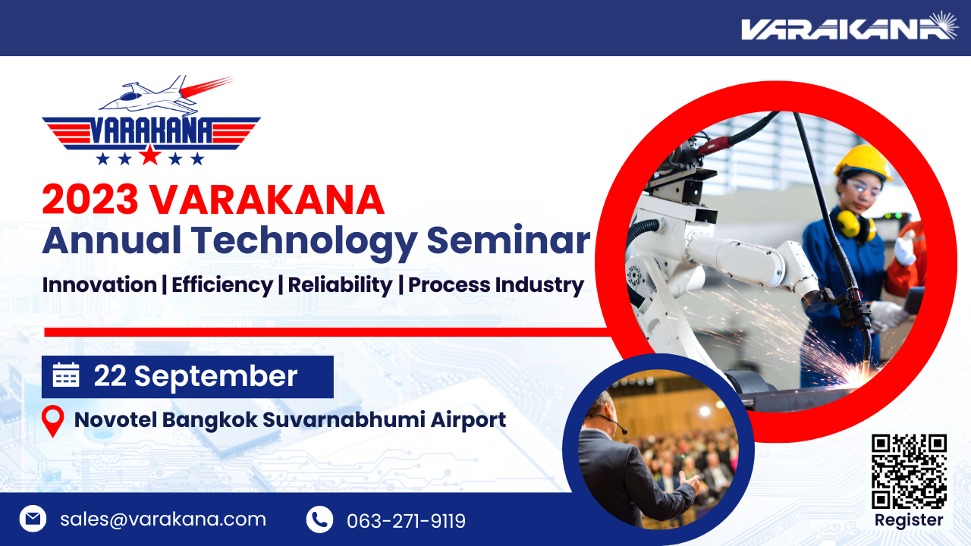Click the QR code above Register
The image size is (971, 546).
[x=909, y=471]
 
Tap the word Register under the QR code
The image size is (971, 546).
[x=909, y=520]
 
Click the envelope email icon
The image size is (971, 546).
[x=33, y=519]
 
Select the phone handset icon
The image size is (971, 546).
[x=320, y=519]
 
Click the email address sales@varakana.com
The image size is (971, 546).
[x=163, y=519]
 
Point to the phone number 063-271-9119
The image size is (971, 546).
[x=406, y=521]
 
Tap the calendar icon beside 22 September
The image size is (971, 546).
[x=66, y=375]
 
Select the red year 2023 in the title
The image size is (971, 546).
[x=90, y=199]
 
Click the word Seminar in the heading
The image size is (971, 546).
[x=508, y=240]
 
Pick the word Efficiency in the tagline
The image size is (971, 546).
[x=222, y=286]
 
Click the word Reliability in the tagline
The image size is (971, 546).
[x=341, y=286]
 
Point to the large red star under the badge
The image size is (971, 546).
[x=150, y=155]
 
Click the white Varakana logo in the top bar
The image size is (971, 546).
[x=849, y=27]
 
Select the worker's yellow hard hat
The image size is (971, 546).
[x=863, y=163]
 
